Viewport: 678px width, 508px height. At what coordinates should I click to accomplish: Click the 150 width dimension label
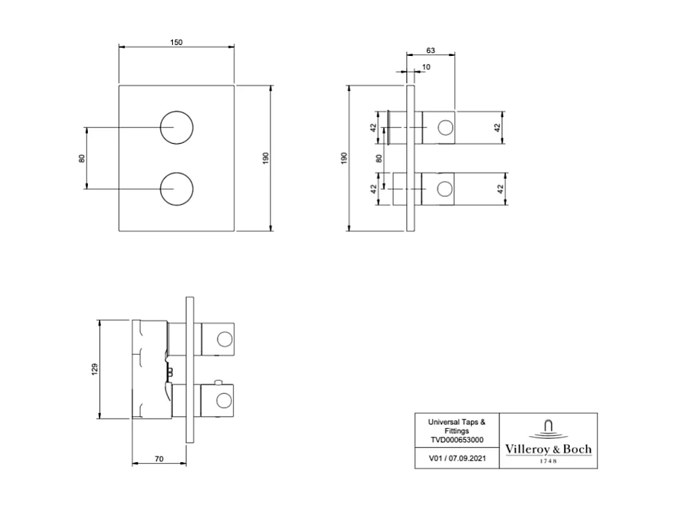pos(176,42)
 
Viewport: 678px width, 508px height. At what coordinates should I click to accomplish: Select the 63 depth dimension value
pos(430,50)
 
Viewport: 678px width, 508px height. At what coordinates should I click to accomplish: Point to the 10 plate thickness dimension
pos(425,67)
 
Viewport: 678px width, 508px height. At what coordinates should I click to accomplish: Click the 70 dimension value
pos(158,459)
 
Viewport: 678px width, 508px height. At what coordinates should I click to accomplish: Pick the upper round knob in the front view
pos(177,129)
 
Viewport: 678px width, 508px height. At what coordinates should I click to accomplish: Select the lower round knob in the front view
pos(177,190)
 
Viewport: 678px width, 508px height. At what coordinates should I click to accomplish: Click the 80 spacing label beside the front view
pos(82,158)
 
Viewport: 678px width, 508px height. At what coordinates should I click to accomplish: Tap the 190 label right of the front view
pos(266,158)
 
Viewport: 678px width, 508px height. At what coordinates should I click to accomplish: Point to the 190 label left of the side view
pos(344,158)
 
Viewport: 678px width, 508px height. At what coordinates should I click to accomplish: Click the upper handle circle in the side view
pos(443,129)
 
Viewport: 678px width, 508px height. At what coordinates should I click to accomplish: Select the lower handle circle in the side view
pos(443,190)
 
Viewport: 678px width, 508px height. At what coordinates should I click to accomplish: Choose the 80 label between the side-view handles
pos(379,158)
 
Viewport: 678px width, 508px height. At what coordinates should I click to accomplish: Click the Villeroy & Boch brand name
pos(548,449)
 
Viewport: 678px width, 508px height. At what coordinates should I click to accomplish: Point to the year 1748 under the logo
pos(548,461)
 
